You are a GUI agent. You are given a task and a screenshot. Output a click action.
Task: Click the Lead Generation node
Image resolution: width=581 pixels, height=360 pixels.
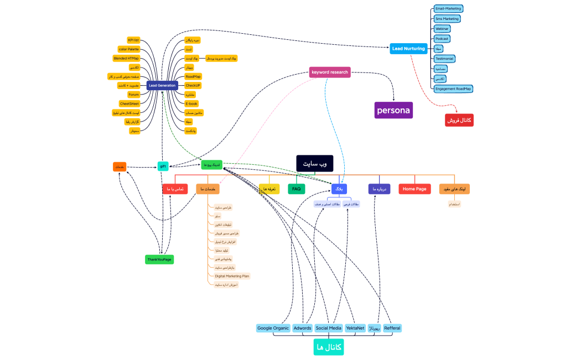point(162,85)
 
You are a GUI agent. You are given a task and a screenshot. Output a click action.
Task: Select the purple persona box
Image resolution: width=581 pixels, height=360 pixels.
point(393,110)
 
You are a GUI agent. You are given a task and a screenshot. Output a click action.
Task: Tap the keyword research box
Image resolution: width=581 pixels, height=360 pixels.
point(330,72)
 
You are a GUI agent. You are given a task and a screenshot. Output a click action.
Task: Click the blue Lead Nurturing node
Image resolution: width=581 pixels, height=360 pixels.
point(408,49)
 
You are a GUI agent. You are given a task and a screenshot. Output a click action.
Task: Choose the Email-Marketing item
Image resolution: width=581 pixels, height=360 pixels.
point(448,9)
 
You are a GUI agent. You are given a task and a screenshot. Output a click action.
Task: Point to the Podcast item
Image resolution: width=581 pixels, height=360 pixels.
point(442,39)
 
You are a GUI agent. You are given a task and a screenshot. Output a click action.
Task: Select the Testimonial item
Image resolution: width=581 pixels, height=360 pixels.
point(445,59)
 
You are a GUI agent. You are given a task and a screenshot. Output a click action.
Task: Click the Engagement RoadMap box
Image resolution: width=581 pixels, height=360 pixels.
point(453,88)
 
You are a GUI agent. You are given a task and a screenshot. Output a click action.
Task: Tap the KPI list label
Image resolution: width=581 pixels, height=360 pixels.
point(133,40)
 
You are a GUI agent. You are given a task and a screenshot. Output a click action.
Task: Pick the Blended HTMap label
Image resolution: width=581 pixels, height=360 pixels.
point(126,58)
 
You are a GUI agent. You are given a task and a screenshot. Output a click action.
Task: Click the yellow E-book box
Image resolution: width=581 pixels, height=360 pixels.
point(191,103)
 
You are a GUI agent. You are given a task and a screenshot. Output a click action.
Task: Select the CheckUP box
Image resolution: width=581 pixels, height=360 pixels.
point(193,85)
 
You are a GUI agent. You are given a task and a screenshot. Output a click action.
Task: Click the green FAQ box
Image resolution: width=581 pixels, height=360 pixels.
point(296,189)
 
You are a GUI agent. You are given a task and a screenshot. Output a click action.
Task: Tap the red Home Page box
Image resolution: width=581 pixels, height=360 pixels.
point(414,189)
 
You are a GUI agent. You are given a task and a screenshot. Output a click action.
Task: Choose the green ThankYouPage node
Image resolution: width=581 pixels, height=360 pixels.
point(159,259)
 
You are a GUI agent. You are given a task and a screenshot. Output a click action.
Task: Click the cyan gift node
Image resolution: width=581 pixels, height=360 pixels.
point(163,166)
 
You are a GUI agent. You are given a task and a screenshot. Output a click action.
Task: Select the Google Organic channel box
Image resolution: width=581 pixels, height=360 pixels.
point(273,328)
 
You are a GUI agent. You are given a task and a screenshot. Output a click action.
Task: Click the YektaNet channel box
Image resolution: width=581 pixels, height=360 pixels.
point(355,328)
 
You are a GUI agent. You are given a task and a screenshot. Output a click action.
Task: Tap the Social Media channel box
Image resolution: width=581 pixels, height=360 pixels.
point(328,328)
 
